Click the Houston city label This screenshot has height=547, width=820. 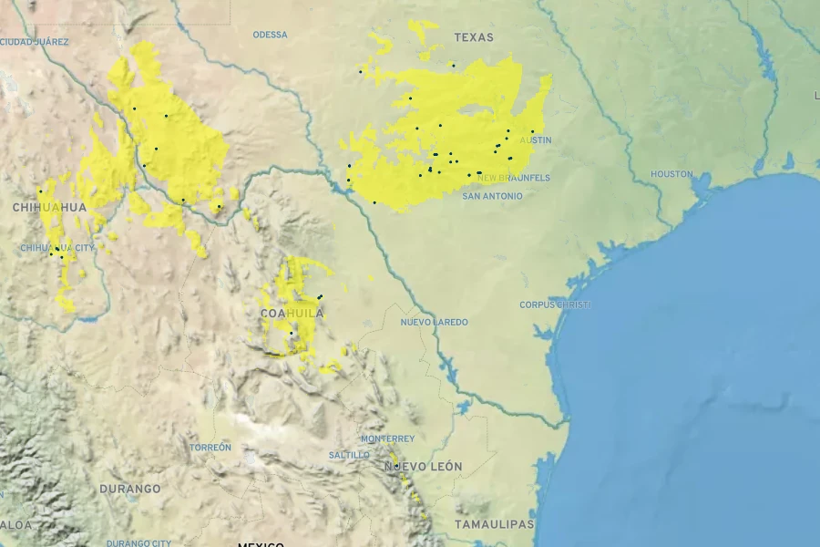[x=671, y=173]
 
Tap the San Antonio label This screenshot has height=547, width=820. [x=492, y=196]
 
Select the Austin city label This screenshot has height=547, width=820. [x=536, y=140]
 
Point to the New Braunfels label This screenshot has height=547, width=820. [x=514, y=178]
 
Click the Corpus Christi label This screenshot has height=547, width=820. [x=555, y=304]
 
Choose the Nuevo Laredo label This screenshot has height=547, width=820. [x=434, y=322]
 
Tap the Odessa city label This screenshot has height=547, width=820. [x=270, y=35]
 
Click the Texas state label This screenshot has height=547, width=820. [x=474, y=37]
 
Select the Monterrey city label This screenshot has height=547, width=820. [x=387, y=439]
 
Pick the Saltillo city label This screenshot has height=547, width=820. [x=349, y=455]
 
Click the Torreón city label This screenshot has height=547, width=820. [x=210, y=448]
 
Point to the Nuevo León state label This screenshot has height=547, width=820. [x=423, y=467]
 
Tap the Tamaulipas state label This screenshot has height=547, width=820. [x=495, y=524]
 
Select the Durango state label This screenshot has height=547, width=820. [x=130, y=489]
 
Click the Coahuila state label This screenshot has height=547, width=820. [x=292, y=313]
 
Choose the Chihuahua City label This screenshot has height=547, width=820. [x=57, y=248]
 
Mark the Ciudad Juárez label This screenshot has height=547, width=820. [x=34, y=42]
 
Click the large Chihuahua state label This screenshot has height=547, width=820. [x=49, y=208]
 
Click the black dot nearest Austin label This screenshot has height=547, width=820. [x=533, y=132]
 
